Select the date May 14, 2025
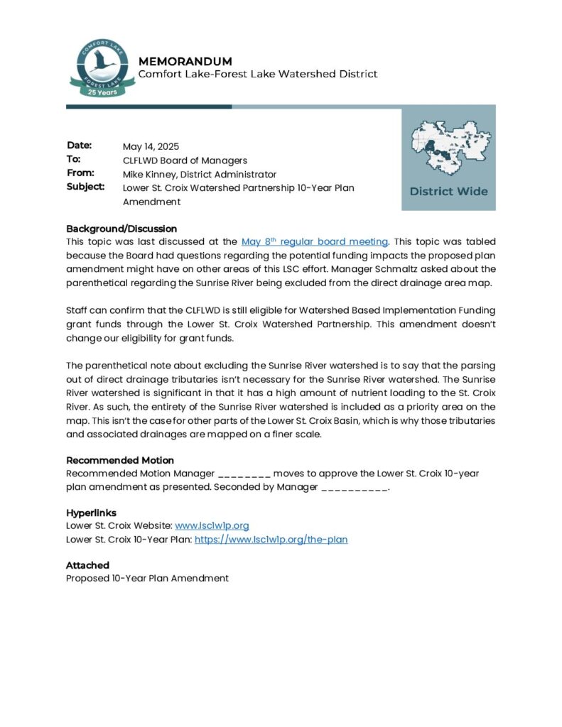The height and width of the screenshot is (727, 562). (x=151, y=147)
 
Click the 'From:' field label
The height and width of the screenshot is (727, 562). (x=80, y=173)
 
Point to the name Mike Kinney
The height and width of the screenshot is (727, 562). (x=150, y=174)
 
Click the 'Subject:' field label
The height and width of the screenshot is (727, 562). (x=85, y=187)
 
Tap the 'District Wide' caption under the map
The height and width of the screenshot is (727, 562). (x=448, y=191)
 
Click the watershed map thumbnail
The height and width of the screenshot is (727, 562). (x=448, y=148)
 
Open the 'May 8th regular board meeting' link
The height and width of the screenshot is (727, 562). (x=315, y=242)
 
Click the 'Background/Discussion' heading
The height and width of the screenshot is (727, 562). (x=121, y=229)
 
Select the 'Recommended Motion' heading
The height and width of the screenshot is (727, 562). (x=120, y=460)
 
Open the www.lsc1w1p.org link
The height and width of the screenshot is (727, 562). (x=212, y=525)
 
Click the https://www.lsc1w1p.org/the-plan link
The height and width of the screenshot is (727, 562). (x=271, y=540)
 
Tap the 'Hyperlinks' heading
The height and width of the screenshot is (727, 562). (x=91, y=513)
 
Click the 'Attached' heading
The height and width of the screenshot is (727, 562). (x=87, y=565)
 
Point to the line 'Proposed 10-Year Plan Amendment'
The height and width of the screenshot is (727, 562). (x=147, y=578)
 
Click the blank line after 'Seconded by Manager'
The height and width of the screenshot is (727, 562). (x=355, y=488)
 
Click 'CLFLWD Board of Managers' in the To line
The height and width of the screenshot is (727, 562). (x=185, y=160)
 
